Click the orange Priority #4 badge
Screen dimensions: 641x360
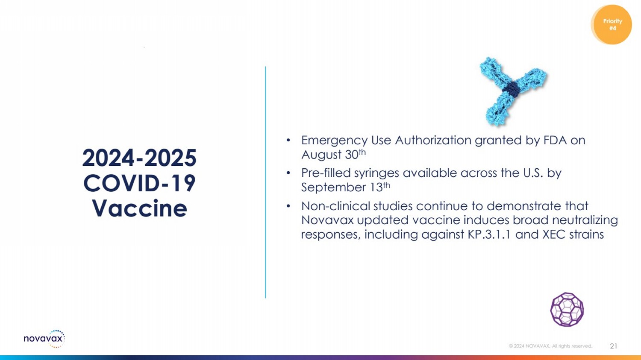click(x=612, y=25)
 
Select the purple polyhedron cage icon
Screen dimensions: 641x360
click(x=567, y=309)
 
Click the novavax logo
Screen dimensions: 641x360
click(x=44, y=339)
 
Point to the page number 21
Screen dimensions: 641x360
click(x=614, y=346)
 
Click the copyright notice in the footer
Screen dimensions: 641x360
click(x=550, y=346)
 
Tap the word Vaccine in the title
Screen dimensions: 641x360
click(x=139, y=208)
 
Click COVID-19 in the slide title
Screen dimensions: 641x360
click(x=139, y=183)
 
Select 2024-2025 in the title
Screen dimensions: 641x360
click(x=139, y=158)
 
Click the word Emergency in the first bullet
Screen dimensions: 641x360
click(x=334, y=140)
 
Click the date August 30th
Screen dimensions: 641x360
click(x=333, y=155)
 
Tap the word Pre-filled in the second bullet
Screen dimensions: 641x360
click(x=326, y=173)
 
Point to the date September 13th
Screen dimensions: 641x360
click(x=346, y=187)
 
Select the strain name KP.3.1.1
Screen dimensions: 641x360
click(x=489, y=234)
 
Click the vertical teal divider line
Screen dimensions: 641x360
click(x=265, y=182)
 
